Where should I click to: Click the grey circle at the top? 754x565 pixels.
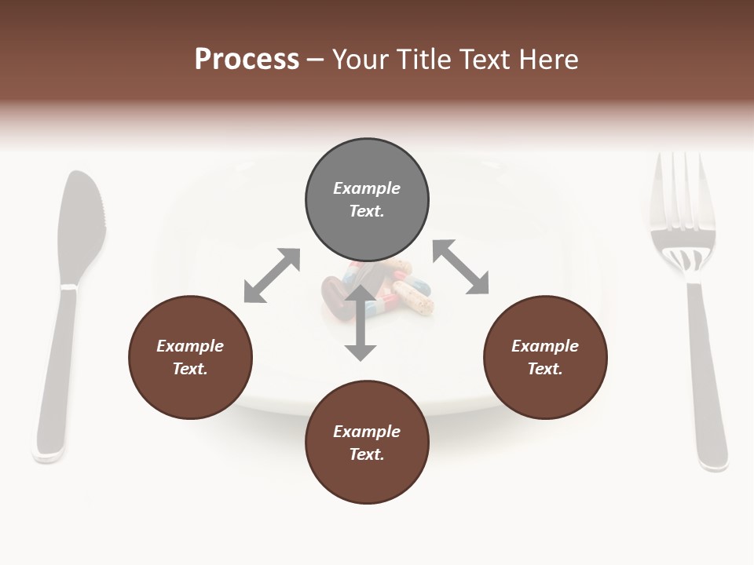point(367,200)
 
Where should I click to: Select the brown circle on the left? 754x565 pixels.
point(190,358)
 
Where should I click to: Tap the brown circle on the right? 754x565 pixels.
point(545,358)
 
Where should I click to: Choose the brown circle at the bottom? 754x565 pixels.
point(367,443)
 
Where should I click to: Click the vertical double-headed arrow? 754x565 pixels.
point(361,323)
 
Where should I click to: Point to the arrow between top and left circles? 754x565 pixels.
point(272,275)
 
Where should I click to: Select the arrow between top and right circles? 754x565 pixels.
point(461,267)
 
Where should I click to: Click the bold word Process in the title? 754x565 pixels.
point(247,59)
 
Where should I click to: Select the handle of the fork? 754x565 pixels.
point(706,377)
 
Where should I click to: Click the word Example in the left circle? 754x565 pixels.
point(190,346)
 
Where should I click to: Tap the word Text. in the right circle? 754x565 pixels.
point(545,369)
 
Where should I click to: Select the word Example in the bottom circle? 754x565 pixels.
point(367,432)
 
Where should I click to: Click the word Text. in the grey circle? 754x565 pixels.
point(367,211)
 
